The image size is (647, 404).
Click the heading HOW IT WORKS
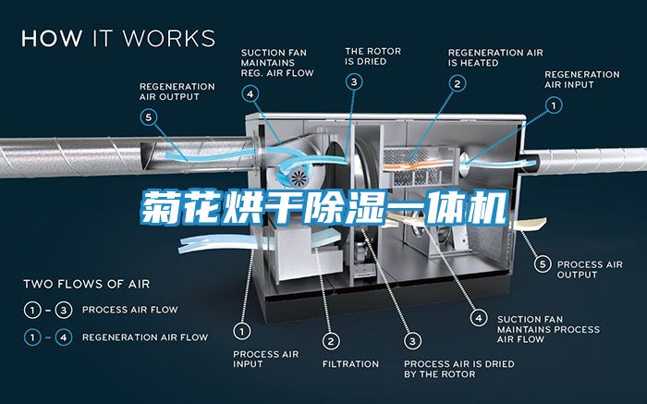click(x=118, y=39)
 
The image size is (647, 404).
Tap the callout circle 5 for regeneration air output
click(x=149, y=117)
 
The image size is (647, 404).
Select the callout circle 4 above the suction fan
click(x=250, y=94)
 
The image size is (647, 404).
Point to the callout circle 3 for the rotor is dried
click(x=354, y=81)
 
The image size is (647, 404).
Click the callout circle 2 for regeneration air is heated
click(x=458, y=84)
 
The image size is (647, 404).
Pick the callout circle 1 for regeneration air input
click(x=554, y=105)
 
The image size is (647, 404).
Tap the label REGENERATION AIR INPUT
click(x=581, y=80)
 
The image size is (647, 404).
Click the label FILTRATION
click(x=350, y=364)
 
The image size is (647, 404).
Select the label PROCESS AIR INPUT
click(x=266, y=359)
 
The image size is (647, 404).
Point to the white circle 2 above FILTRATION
click(x=331, y=341)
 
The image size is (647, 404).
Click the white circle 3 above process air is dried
click(x=412, y=341)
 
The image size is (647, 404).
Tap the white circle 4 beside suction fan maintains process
click(x=479, y=318)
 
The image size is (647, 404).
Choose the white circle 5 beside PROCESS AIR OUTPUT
click(x=543, y=264)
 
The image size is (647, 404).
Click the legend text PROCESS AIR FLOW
click(x=130, y=310)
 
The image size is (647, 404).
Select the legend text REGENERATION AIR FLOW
click(x=145, y=337)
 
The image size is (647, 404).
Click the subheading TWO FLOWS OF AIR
click(x=87, y=284)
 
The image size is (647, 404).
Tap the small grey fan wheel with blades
click(x=299, y=178)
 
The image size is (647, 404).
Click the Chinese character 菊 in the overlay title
click(x=159, y=207)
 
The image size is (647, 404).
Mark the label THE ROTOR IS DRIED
click(x=373, y=56)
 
